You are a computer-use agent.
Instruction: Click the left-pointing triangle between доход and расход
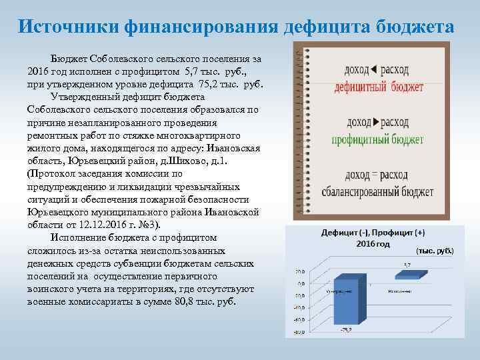(374, 69)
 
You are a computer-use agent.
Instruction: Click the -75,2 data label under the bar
(345, 330)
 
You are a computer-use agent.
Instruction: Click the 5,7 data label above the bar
(406, 265)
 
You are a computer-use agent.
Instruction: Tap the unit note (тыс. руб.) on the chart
(435, 251)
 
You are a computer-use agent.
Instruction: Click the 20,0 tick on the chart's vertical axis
(300, 271)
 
